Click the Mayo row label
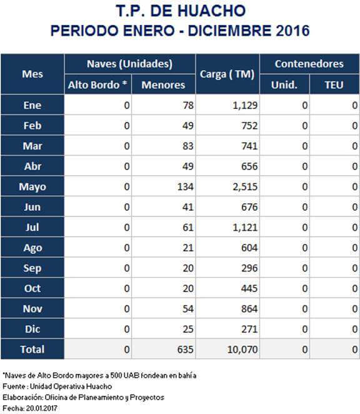32,186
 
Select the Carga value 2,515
245,186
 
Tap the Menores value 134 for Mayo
185,186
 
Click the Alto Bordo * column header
97,85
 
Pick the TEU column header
334,85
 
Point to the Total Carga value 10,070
242,350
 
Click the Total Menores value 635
185,350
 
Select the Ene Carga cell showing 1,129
245,105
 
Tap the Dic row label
32,329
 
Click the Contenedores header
309,64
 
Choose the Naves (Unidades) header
129,64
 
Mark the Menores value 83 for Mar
188,146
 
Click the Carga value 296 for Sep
249,268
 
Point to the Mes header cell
32,74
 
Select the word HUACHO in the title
211,11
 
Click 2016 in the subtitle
292,31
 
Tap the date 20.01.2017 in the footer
42,408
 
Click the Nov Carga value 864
249,309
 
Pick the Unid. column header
284,85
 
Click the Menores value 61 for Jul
188,228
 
